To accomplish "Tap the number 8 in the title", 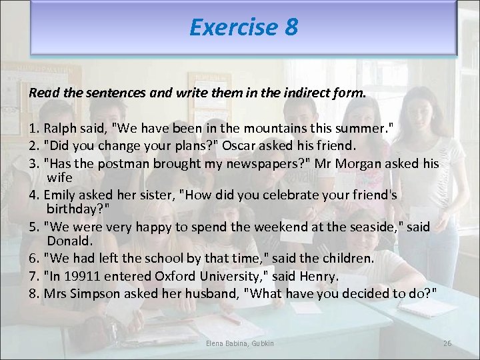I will pyautogui.click(x=291, y=27).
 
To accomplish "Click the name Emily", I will pyautogui.click(x=61, y=195).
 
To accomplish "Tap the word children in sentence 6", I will pyautogui.click(x=311, y=258).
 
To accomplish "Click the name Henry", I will pyautogui.click(x=319, y=275).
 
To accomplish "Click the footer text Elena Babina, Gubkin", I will pyautogui.click(x=240, y=343).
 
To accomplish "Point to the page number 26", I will pyautogui.click(x=447, y=343).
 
